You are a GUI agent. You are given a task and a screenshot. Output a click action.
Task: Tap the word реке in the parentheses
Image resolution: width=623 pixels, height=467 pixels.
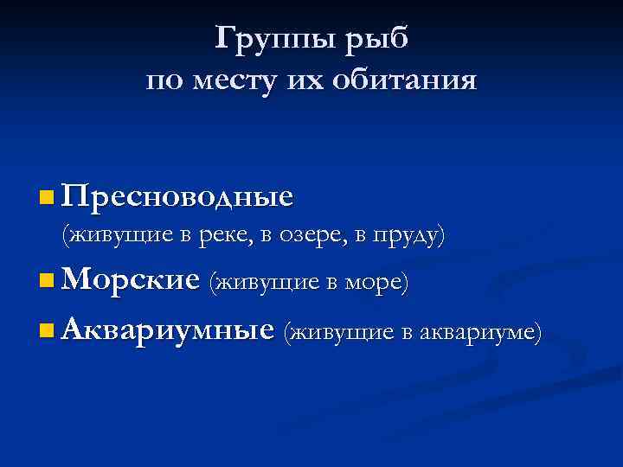[x=231, y=234]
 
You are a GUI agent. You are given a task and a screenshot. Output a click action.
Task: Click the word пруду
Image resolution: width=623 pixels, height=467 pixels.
[x=408, y=234]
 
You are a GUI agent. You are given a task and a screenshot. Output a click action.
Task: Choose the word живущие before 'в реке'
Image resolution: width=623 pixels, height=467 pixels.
[x=119, y=234]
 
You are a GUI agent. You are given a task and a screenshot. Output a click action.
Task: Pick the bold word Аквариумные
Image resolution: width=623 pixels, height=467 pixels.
[x=169, y=329]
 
